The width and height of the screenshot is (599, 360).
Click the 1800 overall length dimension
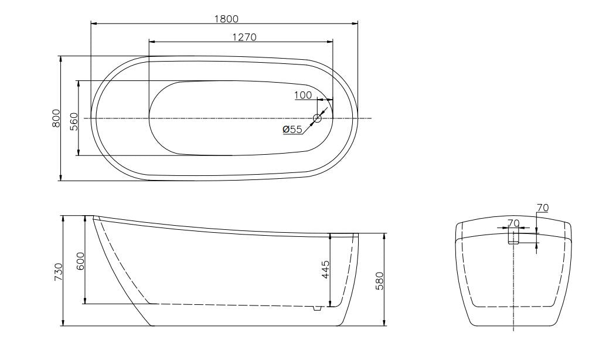(x=227, y=19)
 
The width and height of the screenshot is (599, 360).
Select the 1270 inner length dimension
(x=244, y=37)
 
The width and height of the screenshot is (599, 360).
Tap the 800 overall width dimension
(x=56, y=118)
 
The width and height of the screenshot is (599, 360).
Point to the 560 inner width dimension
(x=74, y=121)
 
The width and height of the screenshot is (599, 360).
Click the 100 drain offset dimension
(x=304, y=95)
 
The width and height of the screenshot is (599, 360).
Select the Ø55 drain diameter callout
(x=292, y=130)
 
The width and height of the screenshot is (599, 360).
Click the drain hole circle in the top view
(x=317, y=118)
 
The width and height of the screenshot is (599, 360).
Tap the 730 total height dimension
(x=58, y=271)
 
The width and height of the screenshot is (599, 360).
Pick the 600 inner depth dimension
(x=80, y=261)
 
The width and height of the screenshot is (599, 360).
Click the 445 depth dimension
(x=325, y=270)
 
